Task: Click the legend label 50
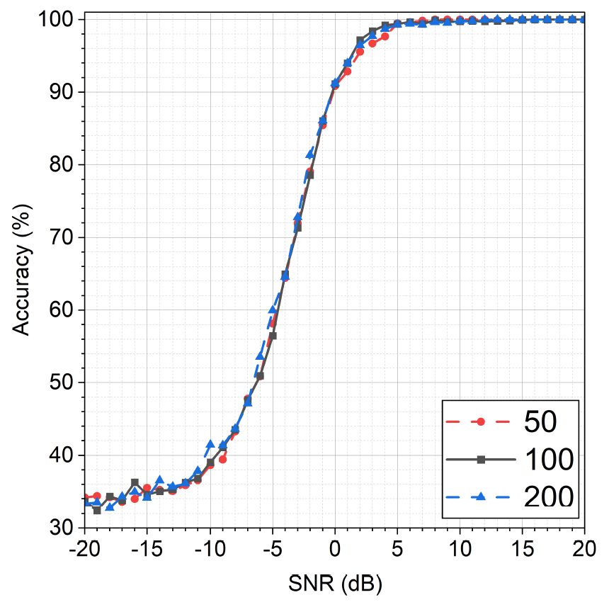click(540, 421)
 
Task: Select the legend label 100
click(549, 460)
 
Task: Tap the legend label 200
click(549, 497)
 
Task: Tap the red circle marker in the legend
click(482, 421)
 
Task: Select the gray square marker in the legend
click(482, 460)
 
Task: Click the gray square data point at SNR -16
click(135, 482)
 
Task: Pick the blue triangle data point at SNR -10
click(210, 444)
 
